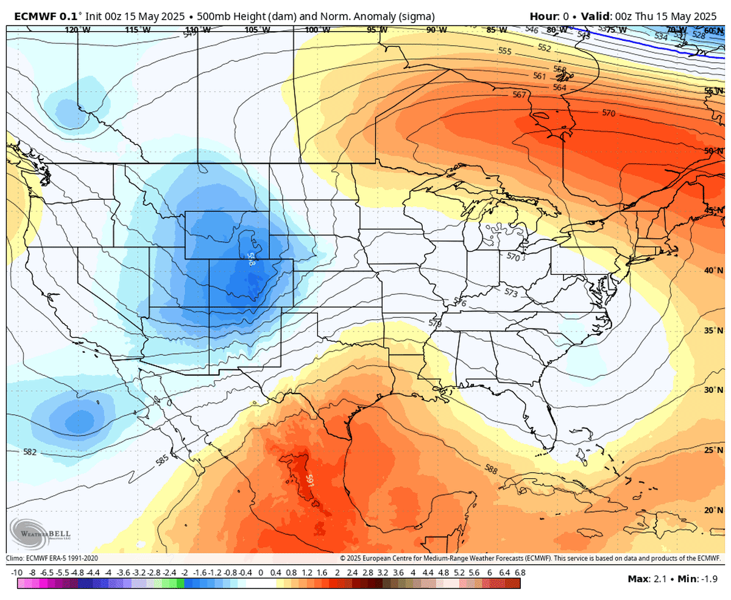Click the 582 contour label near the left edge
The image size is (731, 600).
pyautogui.click(x=30, y=452)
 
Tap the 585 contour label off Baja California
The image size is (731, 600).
pyautogui.click(x=163, y=460)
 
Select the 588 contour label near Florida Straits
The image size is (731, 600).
pyautogui.click(x=492, y=469)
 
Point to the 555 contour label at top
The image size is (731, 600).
pyautogui.click(x=504, y=51)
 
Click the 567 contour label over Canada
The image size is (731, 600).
pyautogui.click(x=519, y=94)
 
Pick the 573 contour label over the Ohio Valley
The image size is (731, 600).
pyautogui.click(x=510, y=293)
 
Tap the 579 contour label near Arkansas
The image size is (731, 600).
pyautogui.click(x=435, y=323)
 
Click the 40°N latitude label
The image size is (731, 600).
pyautogui.click(x=713, y=270)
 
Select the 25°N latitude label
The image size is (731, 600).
pyautogui.click(x=713, y=450)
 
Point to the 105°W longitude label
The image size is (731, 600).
pyautogui.click(x=256, y=29)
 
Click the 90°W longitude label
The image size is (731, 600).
pyautogui.click(x=436, y=29)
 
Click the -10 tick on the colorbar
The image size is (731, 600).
pyautogui.click(x=17, y=573)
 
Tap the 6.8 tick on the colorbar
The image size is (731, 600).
pyautogui.click(x=520, y=573)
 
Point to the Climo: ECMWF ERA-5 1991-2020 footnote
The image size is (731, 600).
pyautogui.click(x=52, y=558)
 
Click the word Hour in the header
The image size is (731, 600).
pyautogui.click(x=543, y=15)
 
